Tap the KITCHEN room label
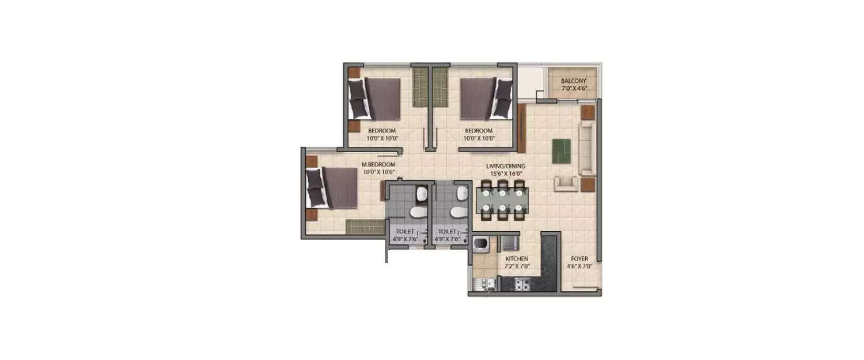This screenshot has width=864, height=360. (516, 259)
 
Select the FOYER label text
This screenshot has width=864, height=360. (579, 259)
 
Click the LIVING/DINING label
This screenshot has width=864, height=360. (505, 166)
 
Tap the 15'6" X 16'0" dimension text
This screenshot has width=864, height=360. (505, 173)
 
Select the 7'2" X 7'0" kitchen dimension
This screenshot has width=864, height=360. (516, 267)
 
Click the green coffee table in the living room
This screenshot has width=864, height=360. (562, 150)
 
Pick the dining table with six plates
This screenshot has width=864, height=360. (503, 200)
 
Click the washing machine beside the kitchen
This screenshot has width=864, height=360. (480, 245)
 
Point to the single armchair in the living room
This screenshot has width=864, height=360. (566, 184)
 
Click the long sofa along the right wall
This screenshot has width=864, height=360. (588, 148)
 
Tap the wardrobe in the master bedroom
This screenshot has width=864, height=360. (361, 226)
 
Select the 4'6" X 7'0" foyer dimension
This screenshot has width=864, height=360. (579, 267)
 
